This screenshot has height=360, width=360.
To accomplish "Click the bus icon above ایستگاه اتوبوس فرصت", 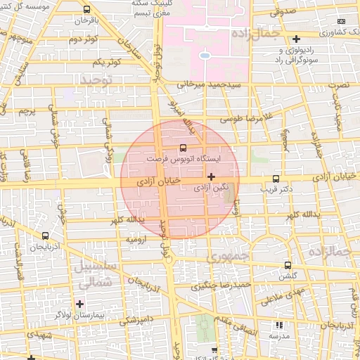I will coord(184,148).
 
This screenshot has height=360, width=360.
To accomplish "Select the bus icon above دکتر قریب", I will coord(275,179).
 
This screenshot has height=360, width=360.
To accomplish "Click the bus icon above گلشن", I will coord(288,265).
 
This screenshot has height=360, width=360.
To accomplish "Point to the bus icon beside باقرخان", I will coord(86,11).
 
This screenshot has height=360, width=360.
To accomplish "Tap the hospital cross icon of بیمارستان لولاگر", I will coord(79,304).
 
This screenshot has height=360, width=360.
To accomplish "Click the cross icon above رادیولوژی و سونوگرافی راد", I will coord(297,39).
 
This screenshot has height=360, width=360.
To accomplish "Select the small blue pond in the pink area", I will coord(204,55).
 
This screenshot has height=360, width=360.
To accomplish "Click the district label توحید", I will coord(96,80).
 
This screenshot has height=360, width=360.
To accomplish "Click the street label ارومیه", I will coord(136,240).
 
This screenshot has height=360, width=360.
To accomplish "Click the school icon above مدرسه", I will coord(279,326).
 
